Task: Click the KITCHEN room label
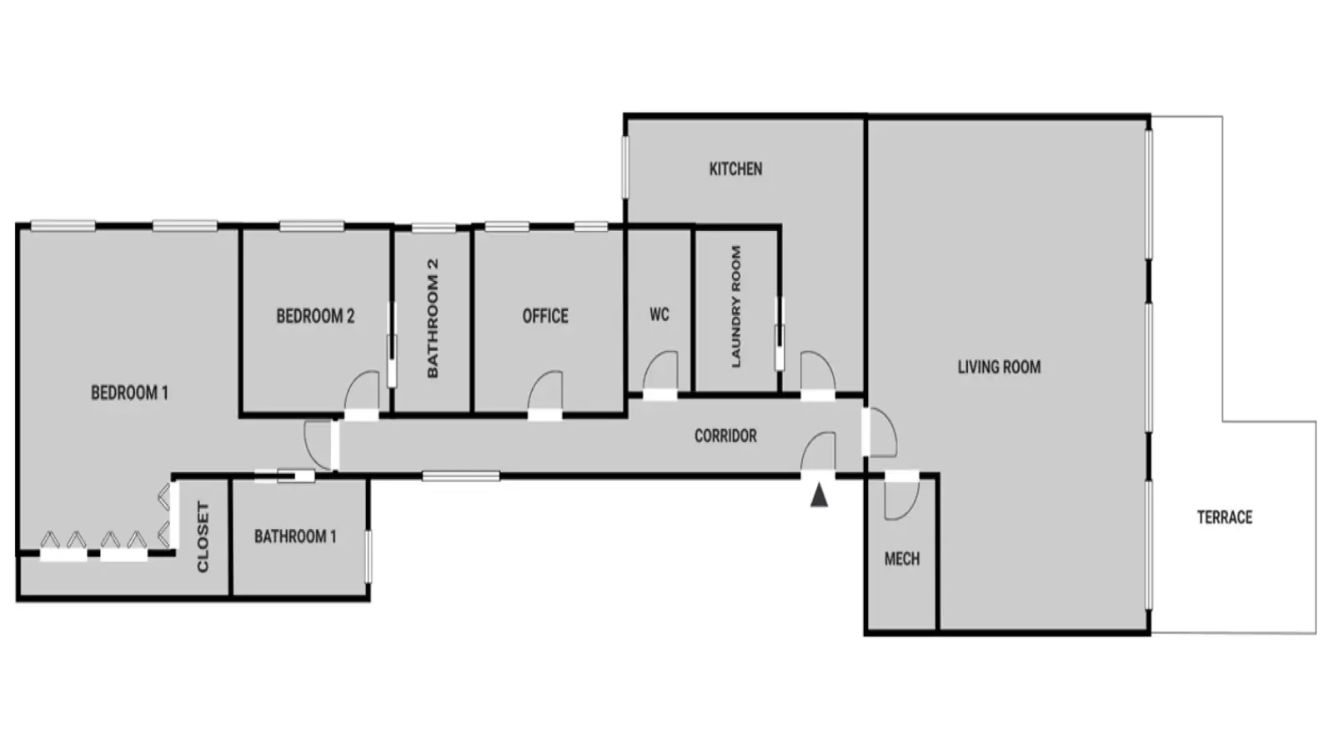pyautogui.click(x=735, y=169)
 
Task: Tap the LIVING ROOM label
pyautogui.click(x=1000, y=367)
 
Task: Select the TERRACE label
pyautogui.click(x=1225, y=517)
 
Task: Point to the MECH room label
pyautogui.click(x=901, y=559)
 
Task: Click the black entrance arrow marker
pyautogui.click(x=820, y=495)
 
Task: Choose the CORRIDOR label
pyautogui.click(x=725, y=436)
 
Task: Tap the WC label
pyautogui.click(x=659, y=314)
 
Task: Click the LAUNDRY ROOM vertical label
pyautogui.click(x=736, y=306)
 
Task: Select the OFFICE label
pyautogui.click(x=545, y=316)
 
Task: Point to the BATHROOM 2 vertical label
pyautogui.click(x=433, y=317)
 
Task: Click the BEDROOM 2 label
pyautogui.click(x=315, y=316)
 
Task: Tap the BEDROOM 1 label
pyautogui.click(x=129, y=392)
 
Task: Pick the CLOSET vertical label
pyautogui.click(x=203, y=537)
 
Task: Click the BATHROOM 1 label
pyautogui.click(x=295, y=537)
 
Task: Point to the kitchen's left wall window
pyautogui.click(x=625, y=167)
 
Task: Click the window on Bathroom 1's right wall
pyautogui.click(x=369, y=557)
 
